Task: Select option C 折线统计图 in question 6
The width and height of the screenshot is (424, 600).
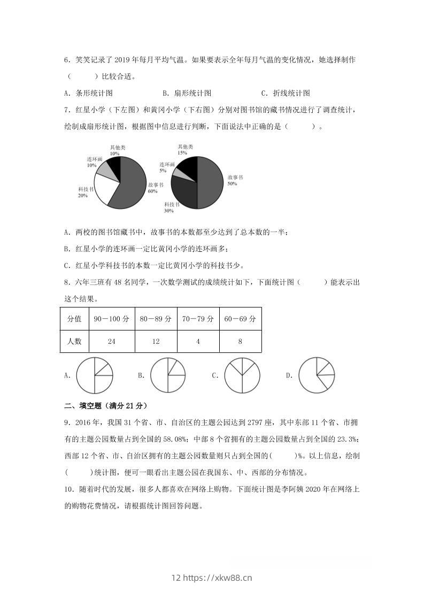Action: pos(286,93)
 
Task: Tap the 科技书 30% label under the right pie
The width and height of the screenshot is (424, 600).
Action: pos(169,207)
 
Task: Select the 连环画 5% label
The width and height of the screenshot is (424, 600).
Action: pos(166,167)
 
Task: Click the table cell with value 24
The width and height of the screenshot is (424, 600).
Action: pos(111,341)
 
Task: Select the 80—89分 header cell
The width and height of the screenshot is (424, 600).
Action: pos(156,319)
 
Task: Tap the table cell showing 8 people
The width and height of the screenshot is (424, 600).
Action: pos(240,341)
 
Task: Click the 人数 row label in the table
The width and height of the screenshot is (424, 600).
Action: pos(74,341)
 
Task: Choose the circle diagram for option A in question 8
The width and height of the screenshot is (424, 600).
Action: pos(95,375)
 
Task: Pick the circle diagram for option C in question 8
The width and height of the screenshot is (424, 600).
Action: pos(242,375)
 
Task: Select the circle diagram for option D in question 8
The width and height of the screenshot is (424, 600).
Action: pos(316,375)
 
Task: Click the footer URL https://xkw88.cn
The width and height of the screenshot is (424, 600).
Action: pos(211,578)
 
